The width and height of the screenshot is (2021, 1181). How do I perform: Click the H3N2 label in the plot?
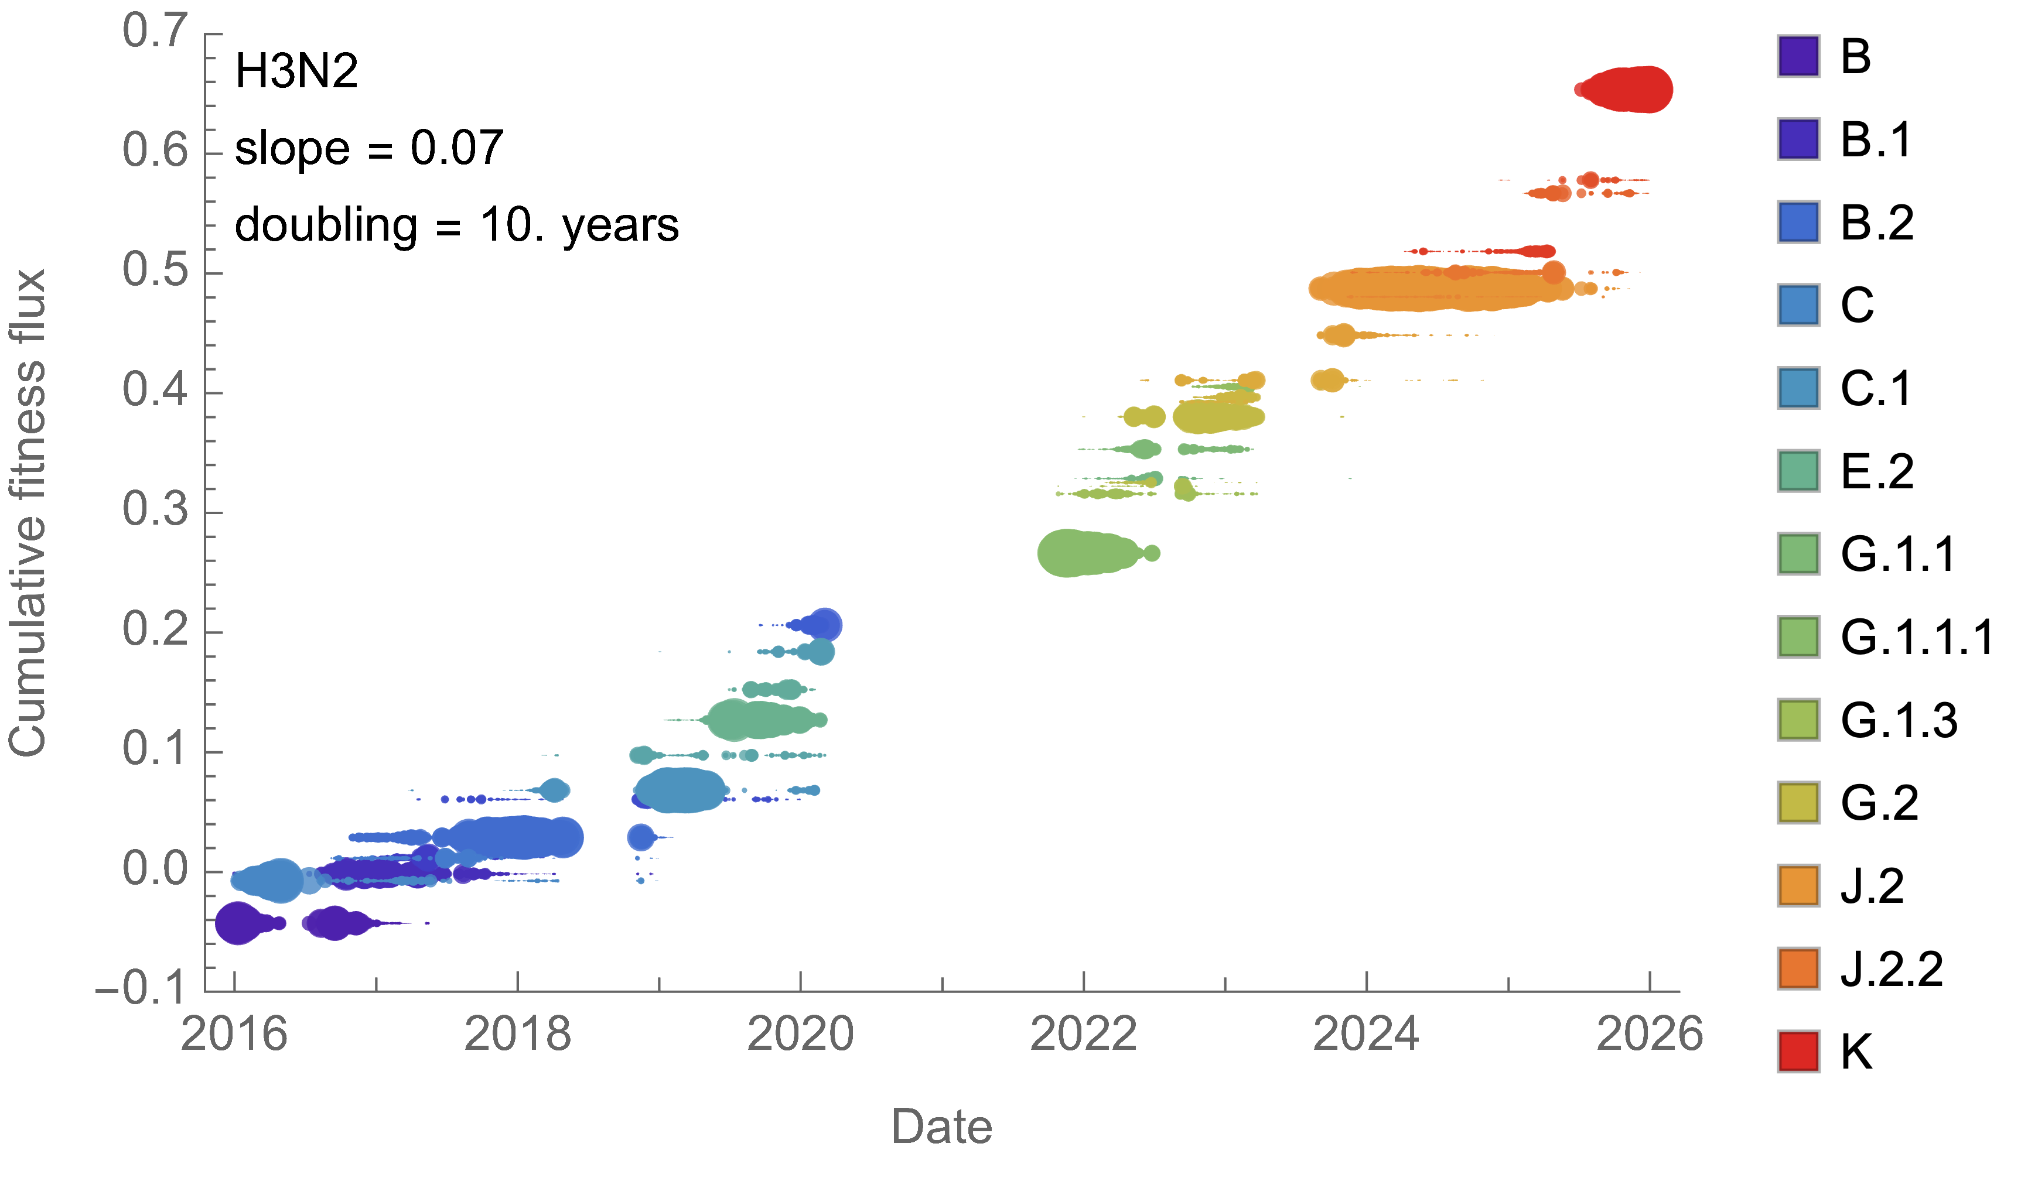(296, 71)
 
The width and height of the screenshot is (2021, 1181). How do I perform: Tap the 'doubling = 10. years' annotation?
(456, 225)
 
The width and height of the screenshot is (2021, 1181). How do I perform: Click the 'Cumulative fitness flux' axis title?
(28, 513)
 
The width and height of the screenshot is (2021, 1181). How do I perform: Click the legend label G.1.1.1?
(1917, 638)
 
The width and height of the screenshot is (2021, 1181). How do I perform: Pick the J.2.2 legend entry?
(1891, 968)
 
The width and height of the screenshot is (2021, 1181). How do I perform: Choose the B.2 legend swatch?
(1798, 223)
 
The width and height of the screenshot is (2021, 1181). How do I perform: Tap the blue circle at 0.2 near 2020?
(824, 625)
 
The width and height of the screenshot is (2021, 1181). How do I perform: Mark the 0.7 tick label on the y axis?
(155, 33)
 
